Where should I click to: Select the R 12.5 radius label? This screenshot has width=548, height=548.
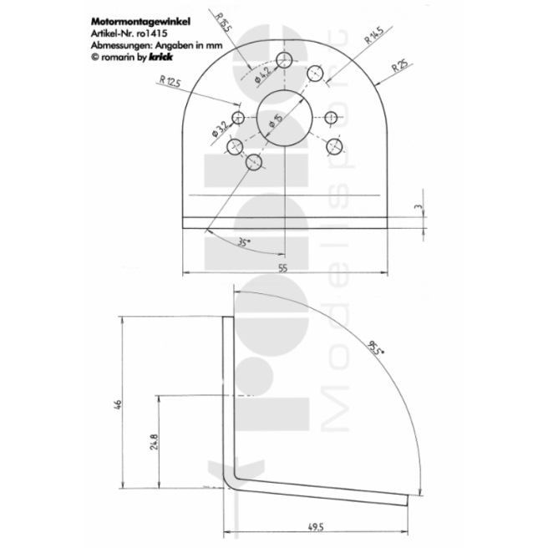click(169, 81)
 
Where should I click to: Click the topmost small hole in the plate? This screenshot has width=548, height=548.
click(285, 59)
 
